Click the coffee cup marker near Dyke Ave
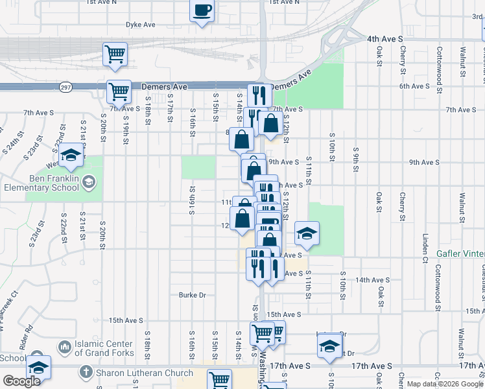(x=202, y=11)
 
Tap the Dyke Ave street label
(x=141, y=25)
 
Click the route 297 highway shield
(x=65, y=86)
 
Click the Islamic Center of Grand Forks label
(x=104, y=348)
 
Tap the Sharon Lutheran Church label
(x=145, y=373)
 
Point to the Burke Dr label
(x=193, y=295)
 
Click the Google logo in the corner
(x=21, y=381)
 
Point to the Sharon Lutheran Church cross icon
(x=85, y=373)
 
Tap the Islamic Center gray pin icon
(x=64, y=348)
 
